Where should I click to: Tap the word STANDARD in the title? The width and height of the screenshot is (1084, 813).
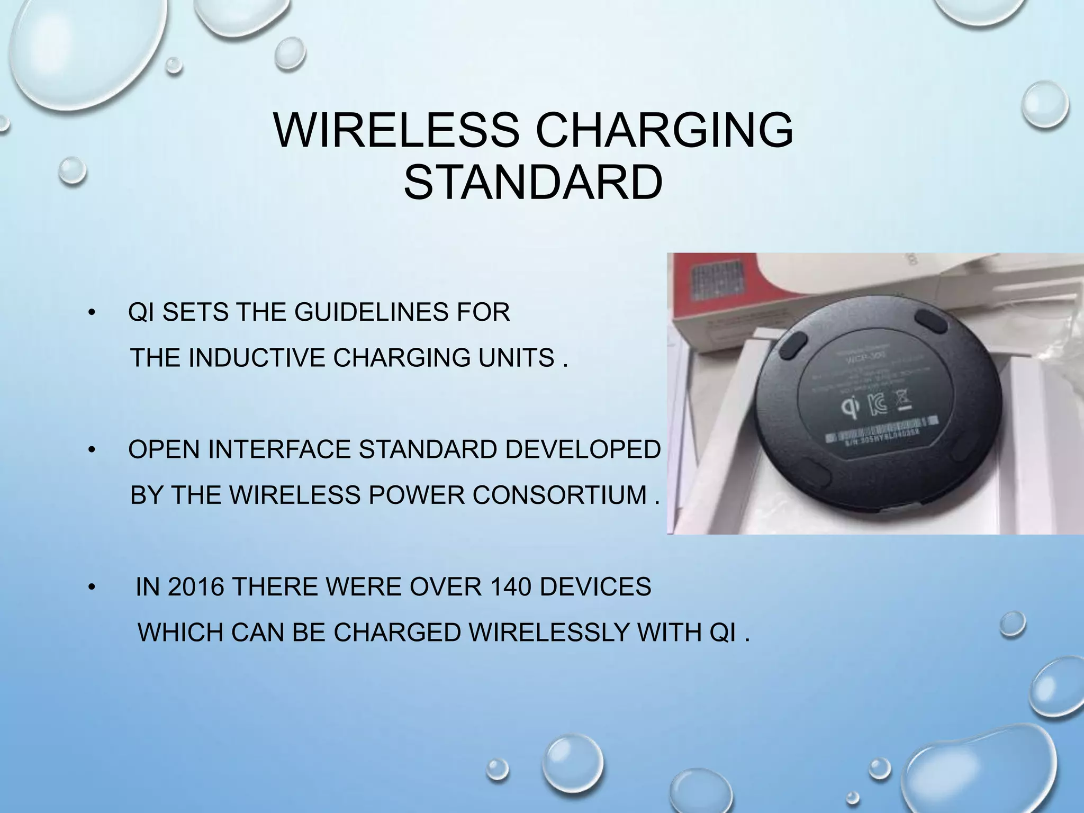click(x=533, y=183)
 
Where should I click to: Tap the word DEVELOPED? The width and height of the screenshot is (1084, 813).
click(x=582, y=450)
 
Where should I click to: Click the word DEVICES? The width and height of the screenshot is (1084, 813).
click(x=595, y=587)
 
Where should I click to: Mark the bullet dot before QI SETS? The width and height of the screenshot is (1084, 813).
click(x=91, y=312)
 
